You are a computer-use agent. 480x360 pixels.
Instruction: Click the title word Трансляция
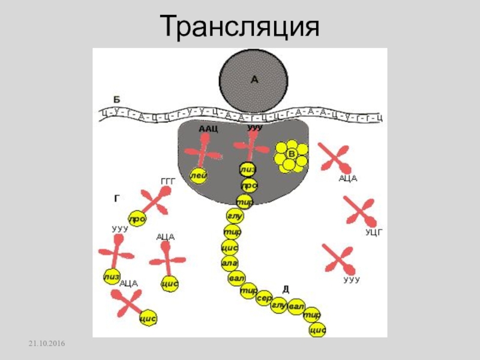point(239,26)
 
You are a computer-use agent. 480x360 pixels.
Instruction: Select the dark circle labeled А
point(251,80)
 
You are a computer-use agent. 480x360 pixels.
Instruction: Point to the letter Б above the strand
point(116,98)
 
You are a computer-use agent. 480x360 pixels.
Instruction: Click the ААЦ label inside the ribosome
point(208,129)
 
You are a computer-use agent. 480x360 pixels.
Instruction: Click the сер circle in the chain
point(264,298)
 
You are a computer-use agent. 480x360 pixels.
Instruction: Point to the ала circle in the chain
point(230,262)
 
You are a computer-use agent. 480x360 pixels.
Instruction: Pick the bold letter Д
point(286,289)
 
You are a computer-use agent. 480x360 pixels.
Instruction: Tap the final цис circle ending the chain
point(317,330)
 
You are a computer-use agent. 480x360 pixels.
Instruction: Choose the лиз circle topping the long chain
point(247,170)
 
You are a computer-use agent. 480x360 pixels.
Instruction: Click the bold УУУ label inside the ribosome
point(255,128)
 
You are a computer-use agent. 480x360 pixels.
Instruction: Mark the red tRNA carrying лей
point(202,152)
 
